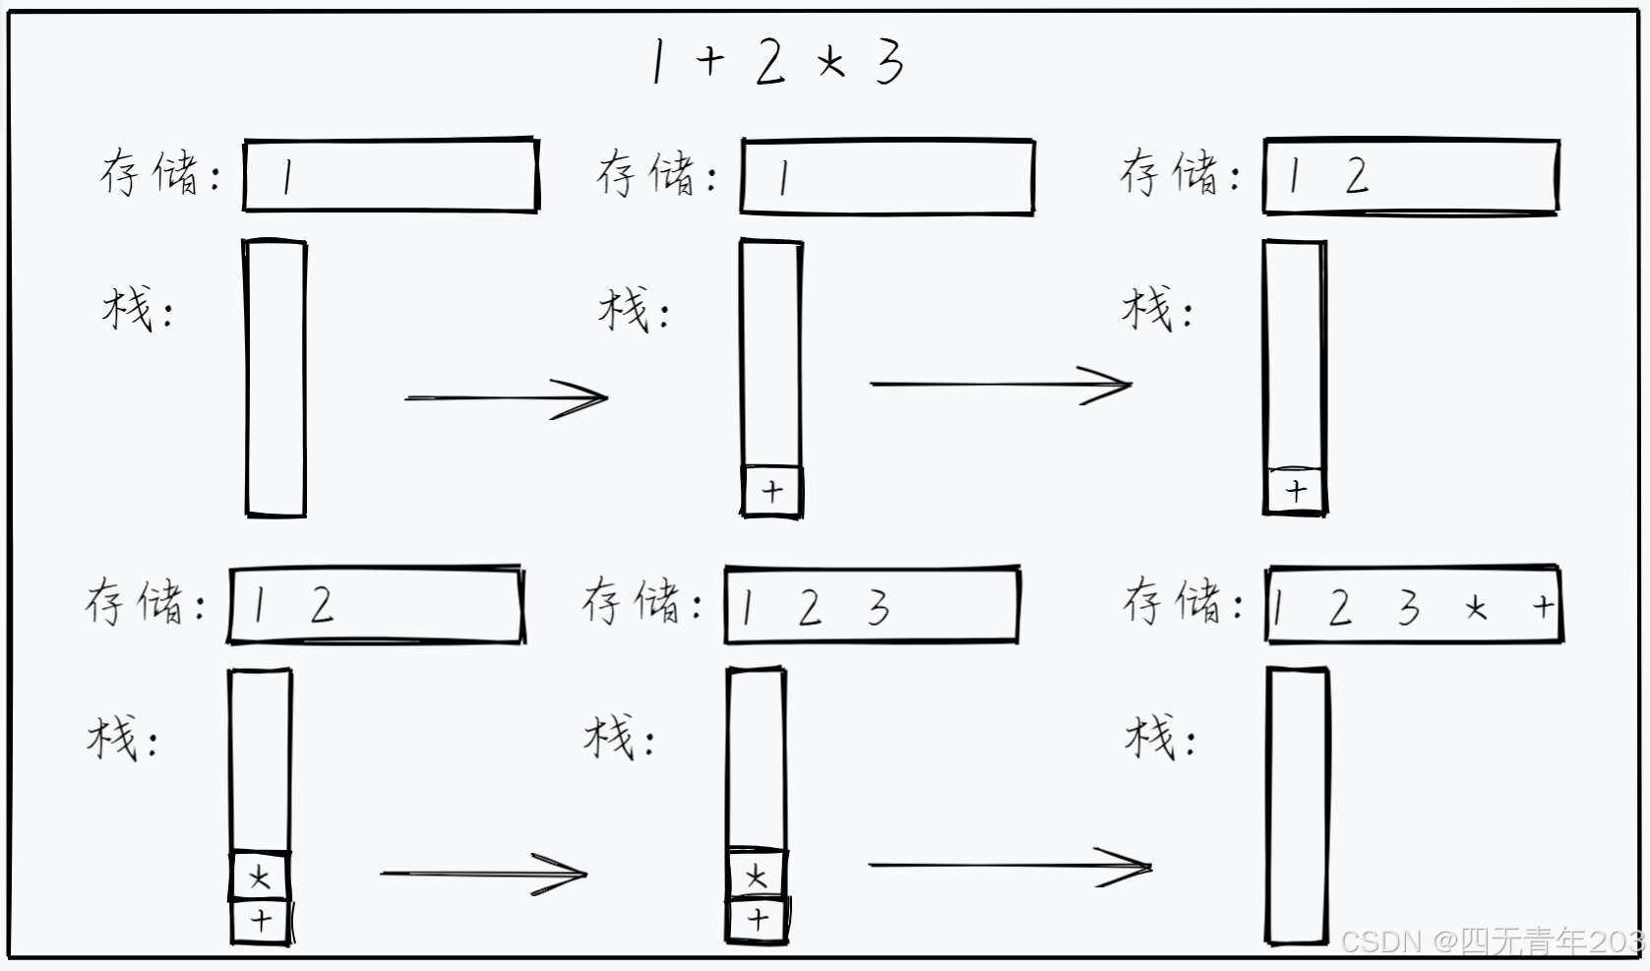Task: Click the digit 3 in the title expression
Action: tap(889, 61)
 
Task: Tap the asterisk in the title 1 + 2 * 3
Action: tap(829, 63)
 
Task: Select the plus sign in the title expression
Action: tap(709, 61)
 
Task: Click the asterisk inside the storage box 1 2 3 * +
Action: tap(1475, 609)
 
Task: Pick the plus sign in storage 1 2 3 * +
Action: tap(1543, 606)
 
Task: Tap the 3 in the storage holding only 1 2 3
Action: tap(878, 607)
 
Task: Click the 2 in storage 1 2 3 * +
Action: tap(1339, 608)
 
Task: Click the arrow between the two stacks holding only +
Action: tap(1001, 385)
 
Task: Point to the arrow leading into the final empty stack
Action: tap(1009, 866)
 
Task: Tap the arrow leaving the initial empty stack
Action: tap(506, 398)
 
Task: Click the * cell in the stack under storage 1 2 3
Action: tap(756, 875)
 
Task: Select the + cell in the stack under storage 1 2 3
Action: tap(757, 920)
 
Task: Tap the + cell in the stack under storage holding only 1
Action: tap(771, 491)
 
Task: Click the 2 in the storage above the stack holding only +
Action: tap(1357, 176)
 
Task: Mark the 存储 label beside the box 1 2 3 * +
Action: tap(1172, 601)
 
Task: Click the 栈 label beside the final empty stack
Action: tap(1151, 737)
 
